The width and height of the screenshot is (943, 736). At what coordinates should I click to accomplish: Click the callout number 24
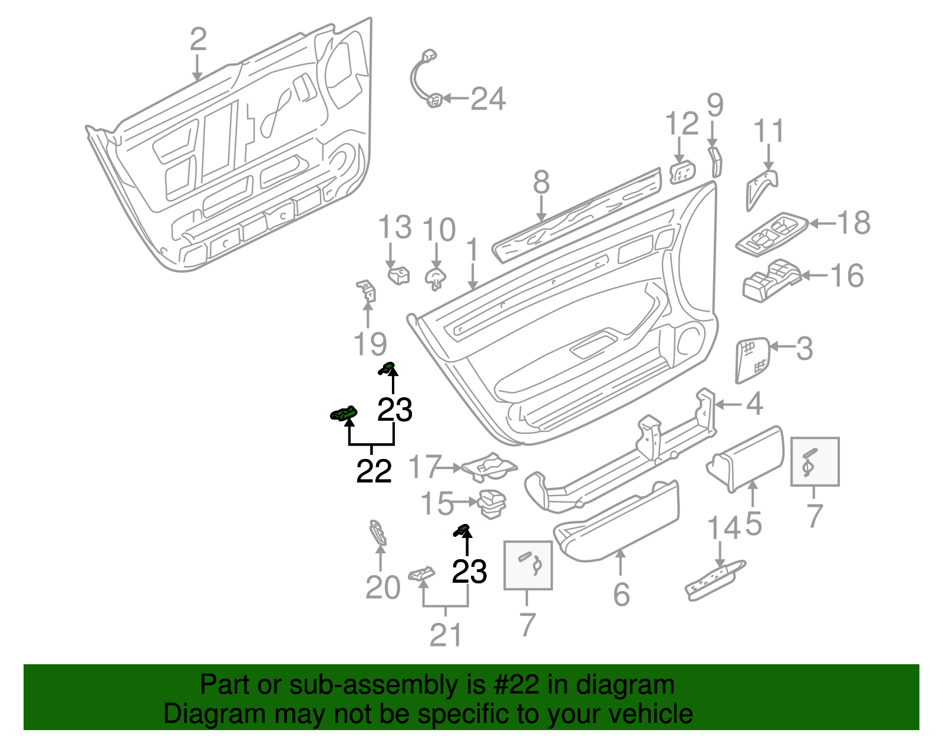(488, 99)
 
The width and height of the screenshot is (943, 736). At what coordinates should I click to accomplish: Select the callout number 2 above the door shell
(199, 39)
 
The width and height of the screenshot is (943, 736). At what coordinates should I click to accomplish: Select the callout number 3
(804, 348)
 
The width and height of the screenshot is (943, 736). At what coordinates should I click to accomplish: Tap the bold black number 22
(374, 471)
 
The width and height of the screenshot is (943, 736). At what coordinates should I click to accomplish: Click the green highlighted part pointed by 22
(344, 414)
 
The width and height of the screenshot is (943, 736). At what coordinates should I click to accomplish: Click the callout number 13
(395, 227)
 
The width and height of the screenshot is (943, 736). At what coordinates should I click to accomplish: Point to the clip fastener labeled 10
(436, 277)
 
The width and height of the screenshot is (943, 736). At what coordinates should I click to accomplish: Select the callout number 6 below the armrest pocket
(621, 594)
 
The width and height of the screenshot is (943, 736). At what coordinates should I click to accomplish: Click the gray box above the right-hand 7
(815, 461)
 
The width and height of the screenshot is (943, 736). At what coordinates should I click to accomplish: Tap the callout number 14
(724, 528)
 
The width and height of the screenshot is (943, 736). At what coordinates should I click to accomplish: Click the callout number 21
(446, 635)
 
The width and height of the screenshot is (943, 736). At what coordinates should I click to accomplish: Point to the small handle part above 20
(377, 532)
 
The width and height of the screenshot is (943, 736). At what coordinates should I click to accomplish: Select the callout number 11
(769, 131)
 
